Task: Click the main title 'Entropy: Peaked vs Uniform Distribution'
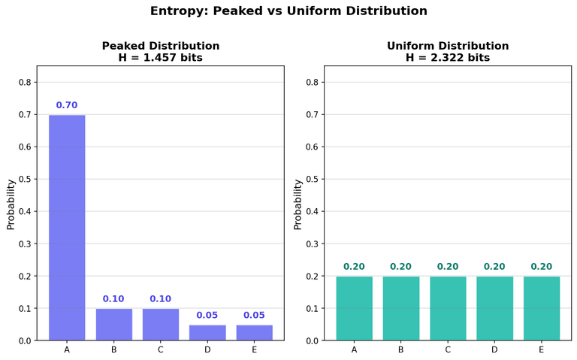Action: tap(288, 11)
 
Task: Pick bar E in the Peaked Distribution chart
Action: tap(254, 333)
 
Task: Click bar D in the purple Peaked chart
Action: tap(207, 333)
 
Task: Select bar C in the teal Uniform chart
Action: tap(448, 309)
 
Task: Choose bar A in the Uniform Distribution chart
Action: tap(354, 309)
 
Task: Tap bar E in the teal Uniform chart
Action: tap(541, 309)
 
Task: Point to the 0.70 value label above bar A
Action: tap(67, 105)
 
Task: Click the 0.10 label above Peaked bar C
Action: tap(160, 299)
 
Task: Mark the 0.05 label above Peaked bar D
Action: tap(207, 316)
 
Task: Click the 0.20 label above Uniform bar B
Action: tap(400, 267)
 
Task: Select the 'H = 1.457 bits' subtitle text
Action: tap(161, 58)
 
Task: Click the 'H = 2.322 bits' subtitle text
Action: tap(448, 58)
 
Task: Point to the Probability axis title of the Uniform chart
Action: tap(298, 204)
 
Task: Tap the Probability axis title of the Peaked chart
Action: tap(11, 204)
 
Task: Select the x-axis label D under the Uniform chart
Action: tap(494, 349)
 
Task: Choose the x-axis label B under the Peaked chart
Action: tap(113, 349)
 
